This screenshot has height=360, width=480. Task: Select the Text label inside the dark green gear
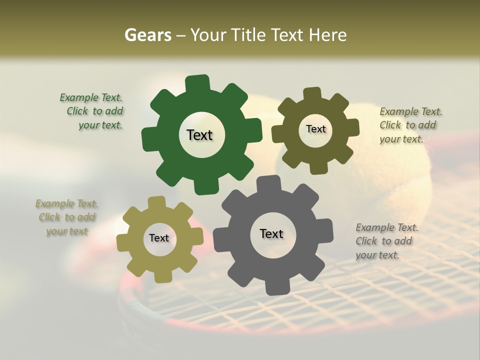pos(199,135)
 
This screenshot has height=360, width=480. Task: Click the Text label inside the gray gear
pos(271,233)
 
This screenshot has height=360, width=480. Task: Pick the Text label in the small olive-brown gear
pos(315,129)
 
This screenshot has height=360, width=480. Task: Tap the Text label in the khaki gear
pos(159,238)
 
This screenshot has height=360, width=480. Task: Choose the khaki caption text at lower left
pos(66,217)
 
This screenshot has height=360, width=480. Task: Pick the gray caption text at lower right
pos(386,241)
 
